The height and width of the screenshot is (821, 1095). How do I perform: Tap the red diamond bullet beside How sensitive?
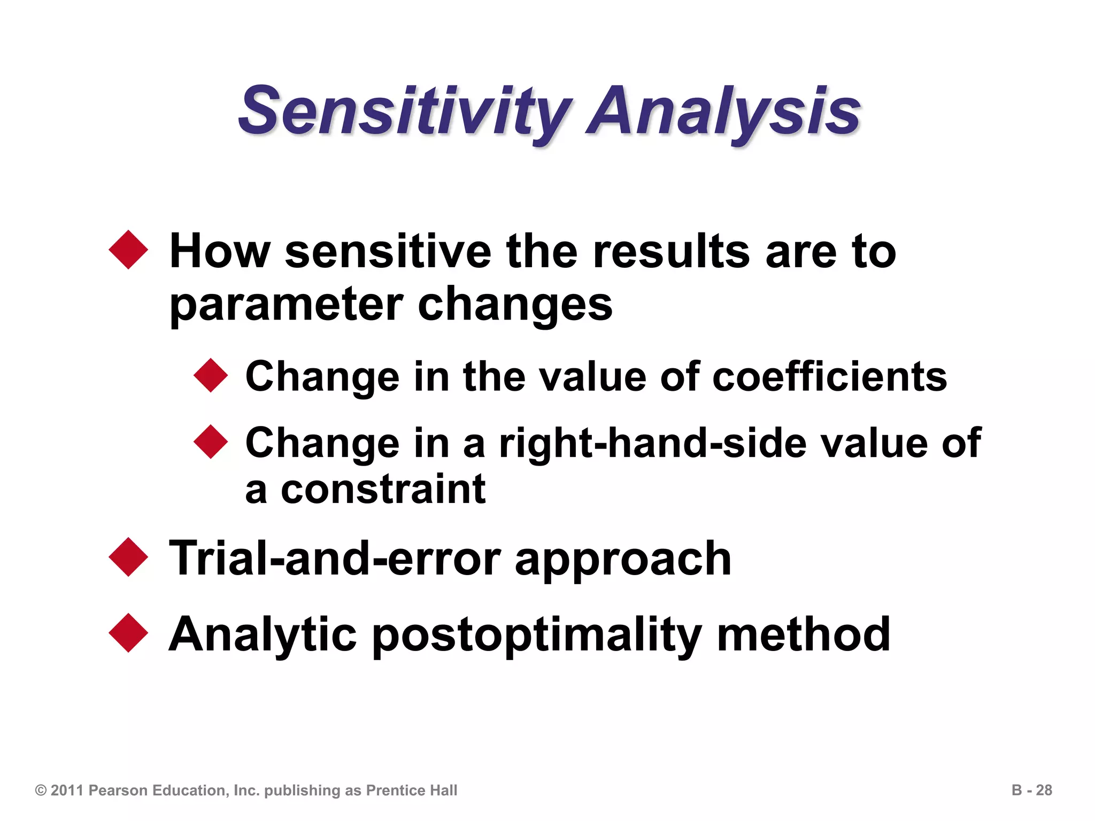tap(128, 250)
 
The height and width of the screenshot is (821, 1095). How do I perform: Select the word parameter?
tap(286, 305)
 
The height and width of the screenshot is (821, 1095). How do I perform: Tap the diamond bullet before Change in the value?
tap(211, 375)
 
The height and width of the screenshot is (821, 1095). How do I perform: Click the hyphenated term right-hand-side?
tap(652, 443)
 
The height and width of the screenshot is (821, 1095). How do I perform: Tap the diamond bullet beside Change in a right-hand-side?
tap(211, 442)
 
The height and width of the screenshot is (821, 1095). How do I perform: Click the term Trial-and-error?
tap(335, 559)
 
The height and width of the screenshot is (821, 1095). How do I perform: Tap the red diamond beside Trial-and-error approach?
tap(128, 557)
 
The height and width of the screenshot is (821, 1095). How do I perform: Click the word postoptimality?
tap(536, 635)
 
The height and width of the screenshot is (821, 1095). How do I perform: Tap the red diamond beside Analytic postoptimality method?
tap(128, 633)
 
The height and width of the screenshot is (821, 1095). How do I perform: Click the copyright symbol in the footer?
tap(41, 791)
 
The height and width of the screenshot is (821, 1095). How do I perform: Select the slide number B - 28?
tap(1031, 790)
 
